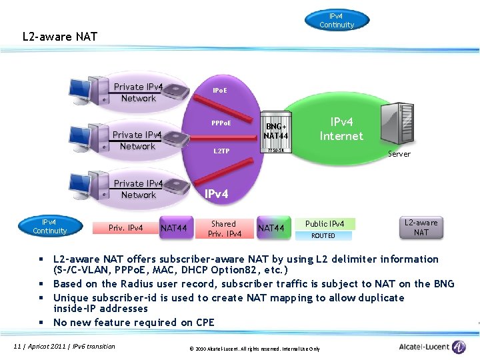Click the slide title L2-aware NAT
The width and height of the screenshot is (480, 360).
(x=60, y=36)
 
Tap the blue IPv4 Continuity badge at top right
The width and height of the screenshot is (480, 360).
(x=337, y=20)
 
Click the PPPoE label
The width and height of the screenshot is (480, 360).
(x=221, y=123)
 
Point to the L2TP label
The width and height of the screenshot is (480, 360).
(x=221, y=151)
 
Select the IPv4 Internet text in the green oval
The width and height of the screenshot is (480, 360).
(x=341, y=129)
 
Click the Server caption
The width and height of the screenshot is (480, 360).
(x=399, y=154)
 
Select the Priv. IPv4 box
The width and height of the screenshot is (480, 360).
(x=126, y=228)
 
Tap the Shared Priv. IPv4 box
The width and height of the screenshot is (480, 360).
(x=224, y=229)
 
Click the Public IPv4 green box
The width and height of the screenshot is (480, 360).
(x=325, y=224)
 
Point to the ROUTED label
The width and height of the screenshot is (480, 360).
(x=323, y=235)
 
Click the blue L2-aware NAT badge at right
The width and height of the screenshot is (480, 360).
(x=421, y=227)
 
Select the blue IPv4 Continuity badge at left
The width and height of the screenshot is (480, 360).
(x=50, y=227)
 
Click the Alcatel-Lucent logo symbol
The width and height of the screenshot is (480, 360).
(x=459, y=347)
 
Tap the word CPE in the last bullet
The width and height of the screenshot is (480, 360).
(x=205, y=322)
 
